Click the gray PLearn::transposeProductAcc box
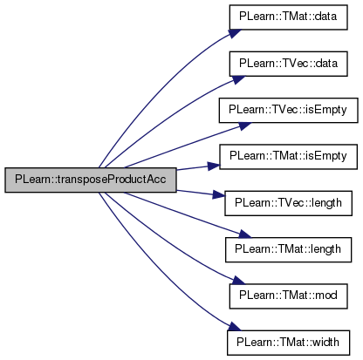(x=91, y=180)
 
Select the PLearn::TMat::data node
(x=288, y=17)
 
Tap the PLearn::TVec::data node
(x=288, y=64)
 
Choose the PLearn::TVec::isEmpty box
(x=288, y=110)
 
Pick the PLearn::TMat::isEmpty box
(x=288, y=157)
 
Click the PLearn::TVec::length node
(x=288, y=203)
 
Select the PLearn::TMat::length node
(x=288, y=249)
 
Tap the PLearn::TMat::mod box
(x=288, y=296)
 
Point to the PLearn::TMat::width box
(x=288, y=343)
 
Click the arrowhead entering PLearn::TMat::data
(x=234, y=33)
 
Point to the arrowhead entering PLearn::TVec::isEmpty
(x=243, y=126)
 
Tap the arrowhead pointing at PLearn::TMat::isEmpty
(x=214, y=166)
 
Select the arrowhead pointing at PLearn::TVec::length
(x=219, y=194)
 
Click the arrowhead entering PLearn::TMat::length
(x=243, y=234)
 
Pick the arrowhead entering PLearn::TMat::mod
(x=238, y=280)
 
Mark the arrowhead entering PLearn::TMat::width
(x=234, y=326)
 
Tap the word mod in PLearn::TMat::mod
(x=326, y=295)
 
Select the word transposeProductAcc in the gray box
(x=112, y=180)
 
